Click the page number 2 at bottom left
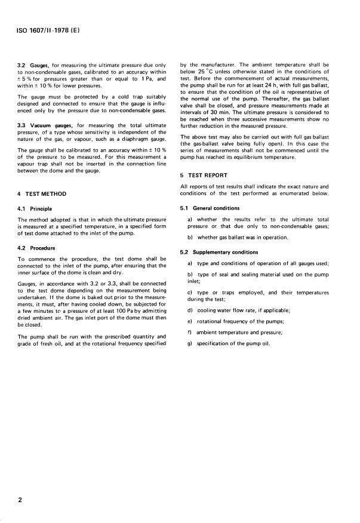coord(20,501)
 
